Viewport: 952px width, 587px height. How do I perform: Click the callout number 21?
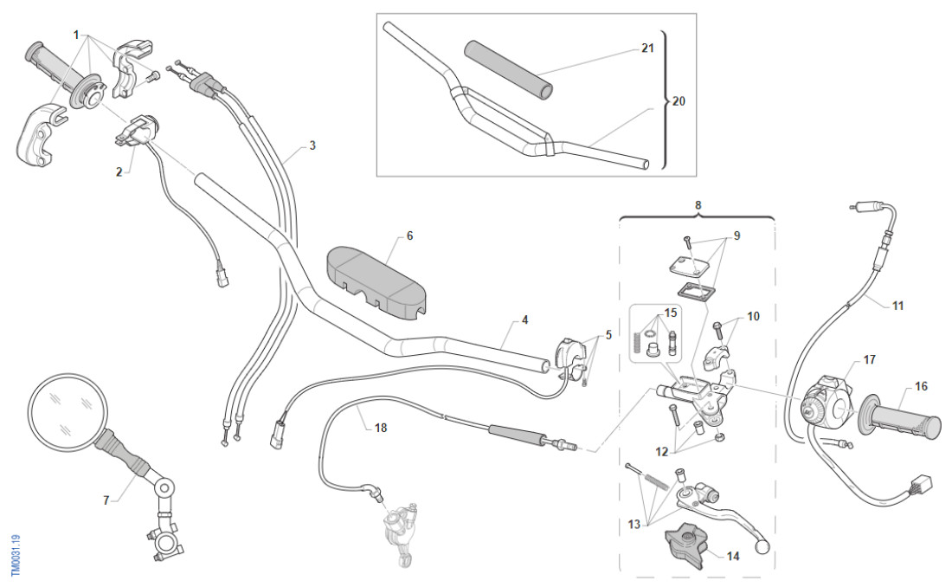[647, 49]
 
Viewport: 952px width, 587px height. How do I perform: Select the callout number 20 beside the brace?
[679, 100]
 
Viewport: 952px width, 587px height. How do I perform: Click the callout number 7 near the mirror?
[107, 500]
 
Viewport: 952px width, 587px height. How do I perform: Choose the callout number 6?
[409, 235]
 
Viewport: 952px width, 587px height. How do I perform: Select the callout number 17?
[869, 359]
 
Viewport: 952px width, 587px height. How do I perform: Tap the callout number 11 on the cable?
[897, 305]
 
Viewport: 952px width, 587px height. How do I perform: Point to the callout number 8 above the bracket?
[698, 204]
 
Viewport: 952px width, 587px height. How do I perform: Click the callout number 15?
[670, 312]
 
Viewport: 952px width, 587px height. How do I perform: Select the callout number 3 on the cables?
[312, 145]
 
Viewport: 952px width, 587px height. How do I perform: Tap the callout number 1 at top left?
[76, 35]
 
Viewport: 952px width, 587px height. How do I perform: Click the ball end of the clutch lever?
[761, 546]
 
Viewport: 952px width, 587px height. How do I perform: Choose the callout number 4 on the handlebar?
[524, 319]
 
